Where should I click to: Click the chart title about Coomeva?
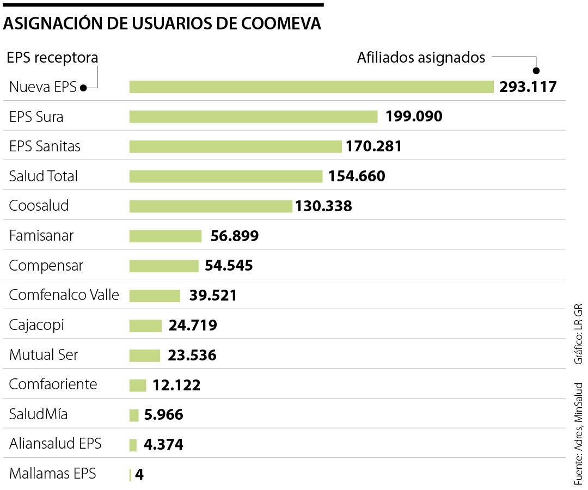tap(162, 24)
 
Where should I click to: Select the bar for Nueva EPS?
tap(311, 87)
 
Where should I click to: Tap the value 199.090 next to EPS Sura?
tap(414, 117)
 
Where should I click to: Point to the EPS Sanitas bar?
tap(235, 146)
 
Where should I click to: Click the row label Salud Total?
tap(44, 176)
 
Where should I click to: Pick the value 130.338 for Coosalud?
tap(323, 206)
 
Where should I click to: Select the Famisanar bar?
tap(166, 236)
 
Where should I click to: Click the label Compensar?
tap(46, 266)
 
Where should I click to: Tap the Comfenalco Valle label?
tap(64, 295)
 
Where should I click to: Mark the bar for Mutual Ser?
tap(145, 355)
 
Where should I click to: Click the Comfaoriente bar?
tap(138, 385)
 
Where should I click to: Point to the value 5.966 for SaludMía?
tap(164, 415)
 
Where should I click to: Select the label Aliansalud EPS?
tap(56, 444)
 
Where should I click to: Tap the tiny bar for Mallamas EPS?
tap(130, 475)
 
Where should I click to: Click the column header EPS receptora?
tap(52, 58)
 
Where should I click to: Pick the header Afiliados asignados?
tap(421, 58)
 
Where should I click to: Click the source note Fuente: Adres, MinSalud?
tap(578, 434)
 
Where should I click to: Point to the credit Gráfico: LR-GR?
tap(578, 334)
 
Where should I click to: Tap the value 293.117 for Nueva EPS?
tap(528, 87)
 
